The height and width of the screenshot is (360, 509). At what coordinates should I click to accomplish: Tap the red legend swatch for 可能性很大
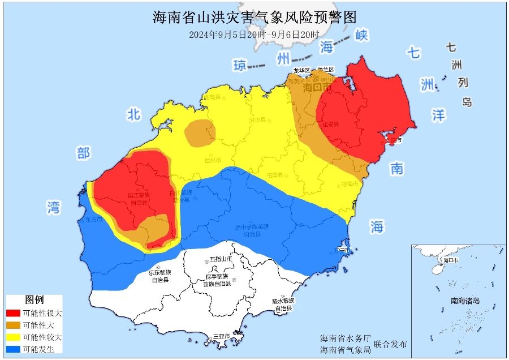(x=13, y=313)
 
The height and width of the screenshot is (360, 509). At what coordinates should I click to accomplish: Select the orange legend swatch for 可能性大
(x=13, y=325)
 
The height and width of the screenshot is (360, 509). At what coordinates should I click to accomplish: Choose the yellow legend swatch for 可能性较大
(x=13, y=337)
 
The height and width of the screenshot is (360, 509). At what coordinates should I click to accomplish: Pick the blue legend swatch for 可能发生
(x=13, y=349)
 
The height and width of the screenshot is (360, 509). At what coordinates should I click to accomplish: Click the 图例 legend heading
(x=34, y=300)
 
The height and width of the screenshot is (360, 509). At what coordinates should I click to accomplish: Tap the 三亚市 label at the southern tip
(x=221, y=337)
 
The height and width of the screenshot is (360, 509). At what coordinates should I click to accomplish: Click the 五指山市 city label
(x=221, y=259)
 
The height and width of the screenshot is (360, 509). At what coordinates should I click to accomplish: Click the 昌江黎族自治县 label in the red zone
(x=137, y=199)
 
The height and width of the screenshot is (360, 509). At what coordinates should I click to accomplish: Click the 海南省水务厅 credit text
(x=345, y=338)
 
